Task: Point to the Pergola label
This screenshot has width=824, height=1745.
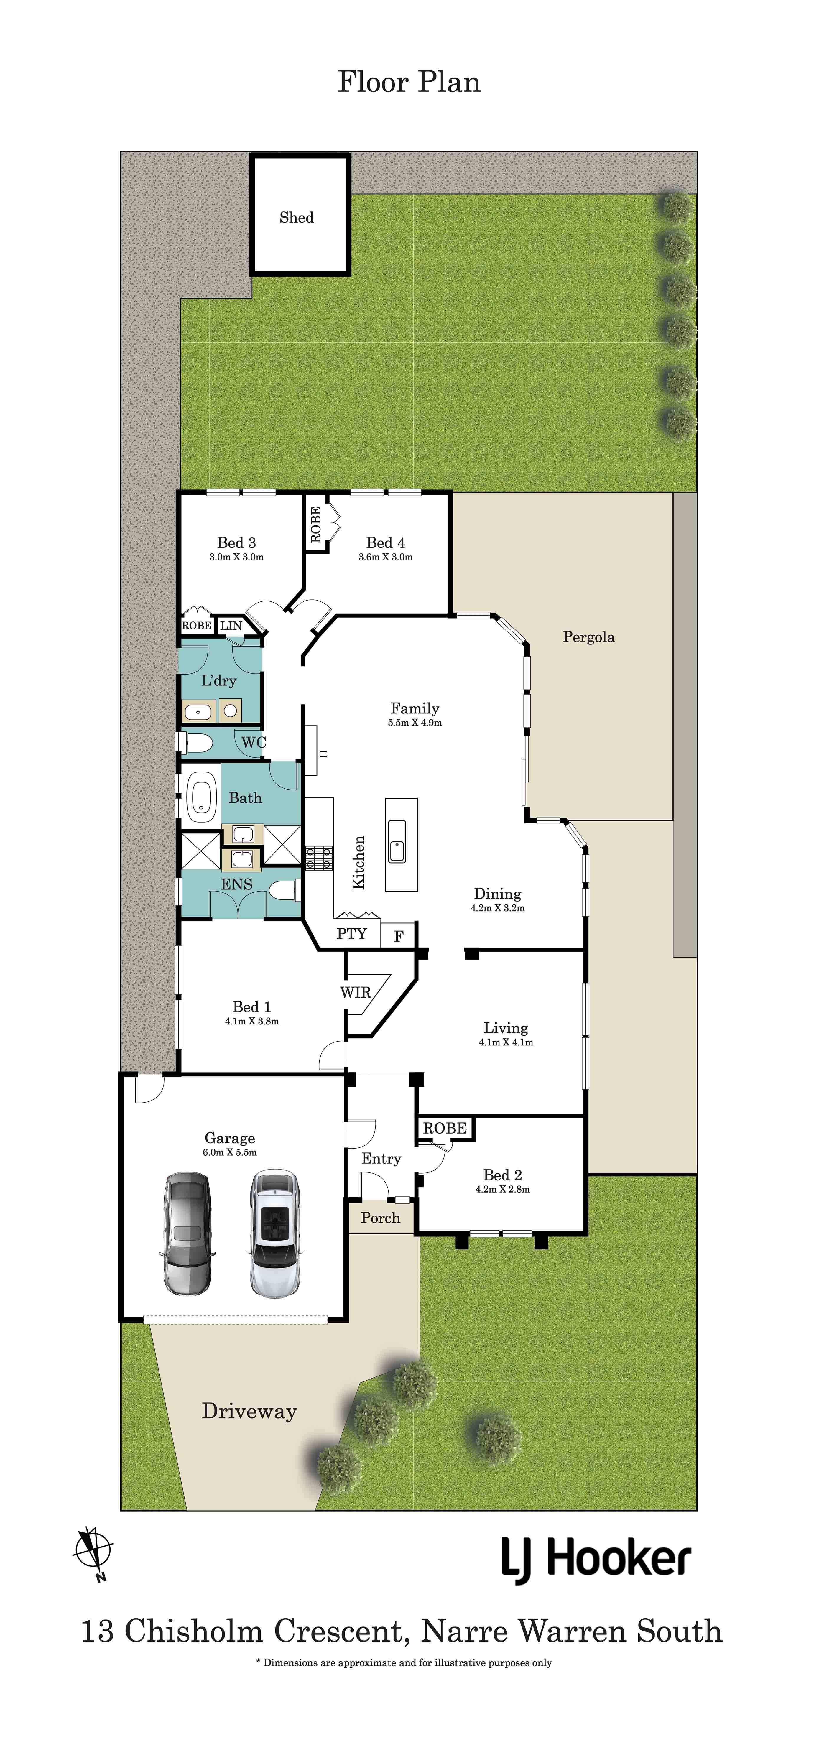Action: pyautogui.click(x=588, y=637)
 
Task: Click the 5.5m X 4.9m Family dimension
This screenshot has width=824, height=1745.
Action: pyautogui.click(x=415, y=723)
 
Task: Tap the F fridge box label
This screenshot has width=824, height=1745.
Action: pyautogui.click(x=399, y=936)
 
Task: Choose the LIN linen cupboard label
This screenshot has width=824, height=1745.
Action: pyautogui.click(x=231, y=625)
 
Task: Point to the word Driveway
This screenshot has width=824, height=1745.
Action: pyautogui.click(x=249, y=1411)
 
